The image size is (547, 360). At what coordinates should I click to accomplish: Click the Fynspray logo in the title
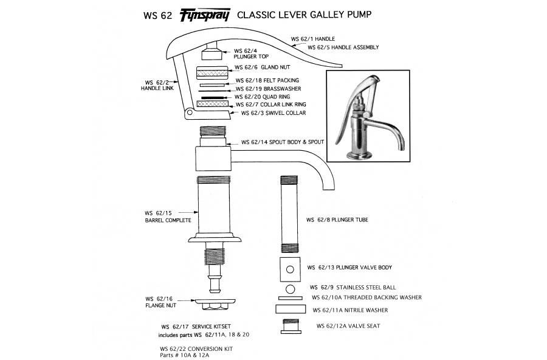[204, 15]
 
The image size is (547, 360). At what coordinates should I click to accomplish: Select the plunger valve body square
[289, 268]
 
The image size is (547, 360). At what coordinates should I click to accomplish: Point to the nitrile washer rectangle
[290, 310]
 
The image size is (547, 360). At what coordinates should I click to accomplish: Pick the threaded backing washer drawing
[290, 298]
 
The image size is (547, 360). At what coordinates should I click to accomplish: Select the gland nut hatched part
[212, 71]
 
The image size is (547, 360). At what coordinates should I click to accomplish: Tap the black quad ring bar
[212, 97]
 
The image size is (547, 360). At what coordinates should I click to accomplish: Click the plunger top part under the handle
[212, 53]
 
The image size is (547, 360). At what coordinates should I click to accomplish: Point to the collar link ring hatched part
[212, 104]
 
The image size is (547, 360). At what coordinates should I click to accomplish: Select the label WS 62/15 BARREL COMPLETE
[168, 216]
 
